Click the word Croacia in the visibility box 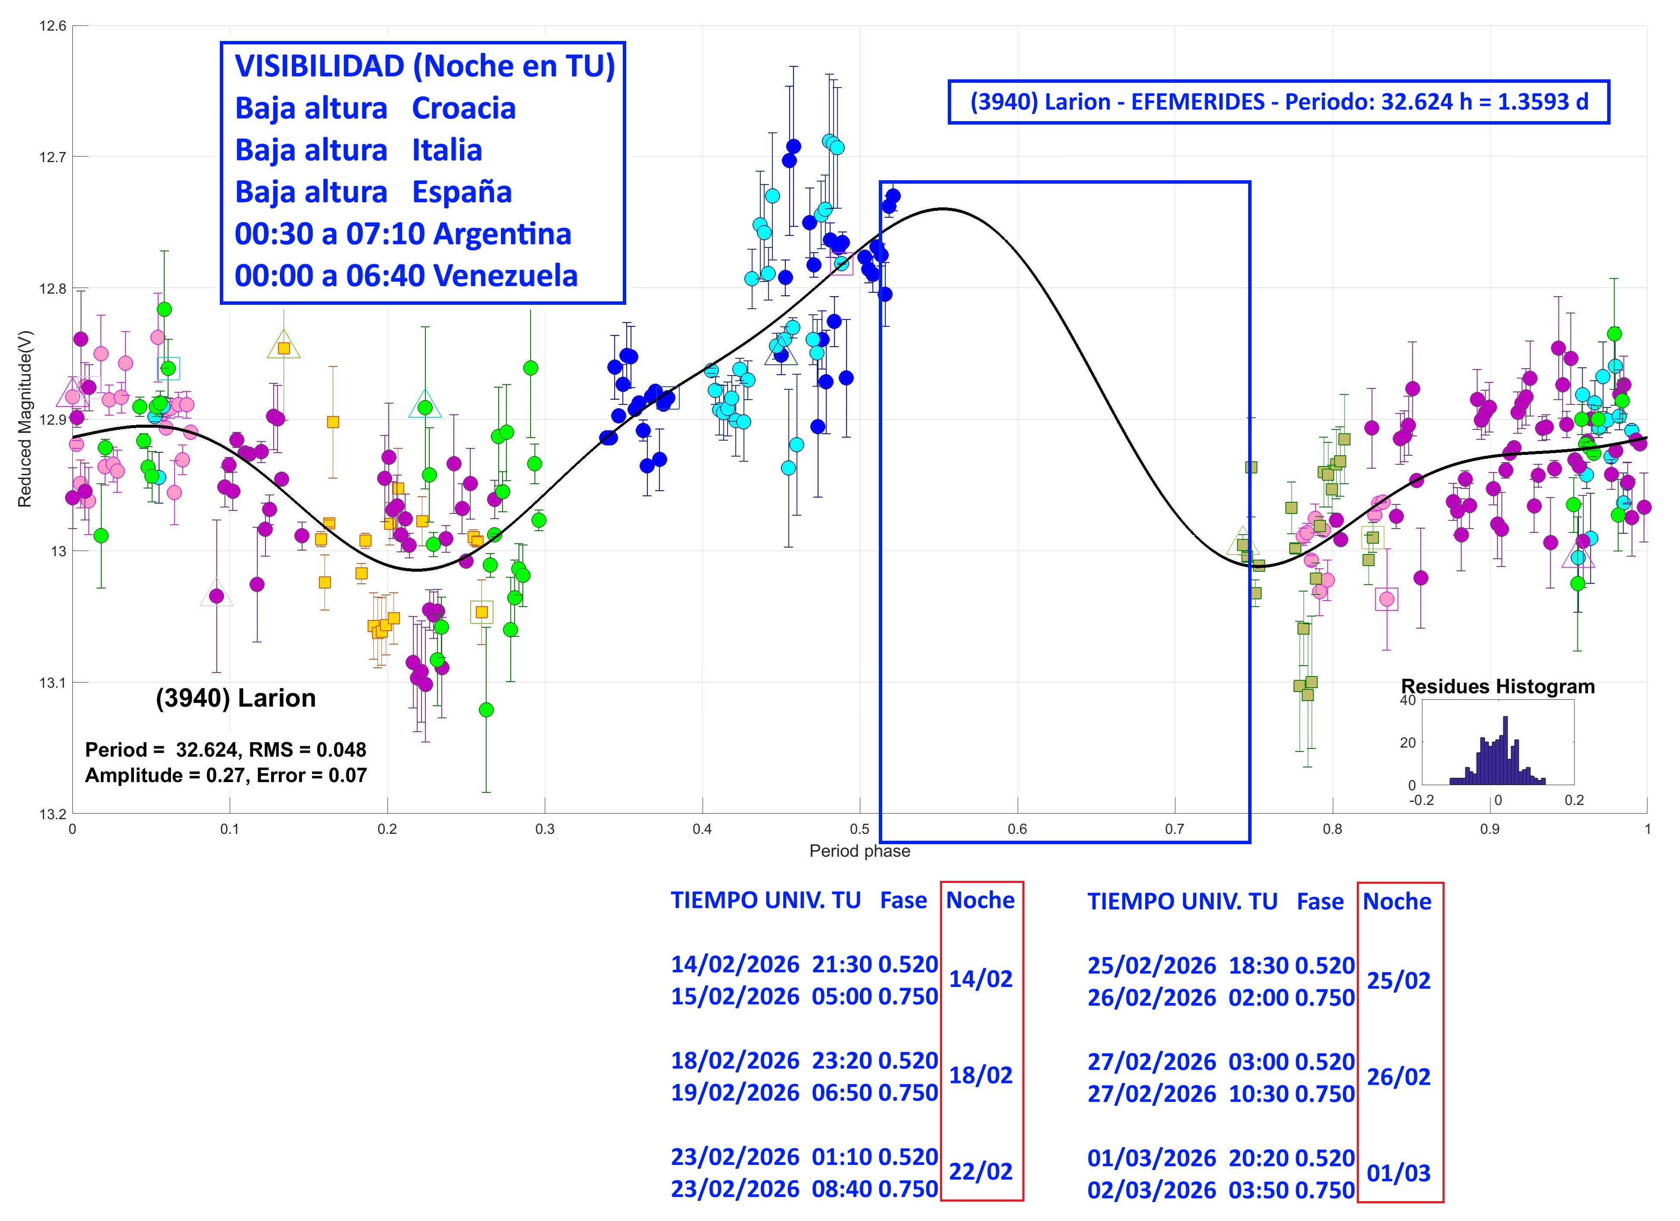pos(464,108)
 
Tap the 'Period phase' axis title pos(859,851)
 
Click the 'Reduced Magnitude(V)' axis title pos(25,419)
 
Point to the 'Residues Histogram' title pos(1498,687)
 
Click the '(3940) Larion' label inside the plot pos(236,698)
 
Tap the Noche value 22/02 pos(981,1171)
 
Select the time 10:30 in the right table pos(1258,1094)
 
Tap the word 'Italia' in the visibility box pos(447,150)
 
